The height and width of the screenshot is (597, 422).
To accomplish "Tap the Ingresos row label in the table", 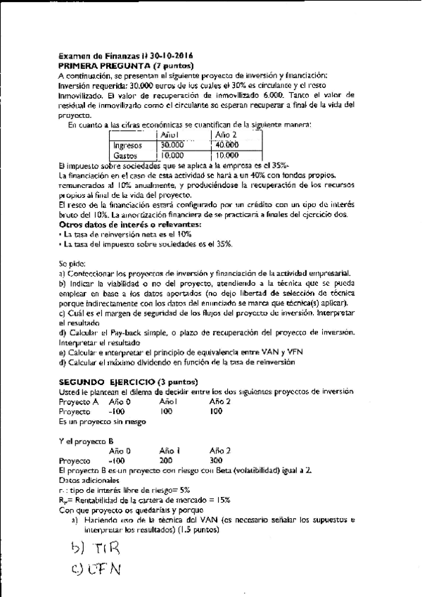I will pyautogui.click(x=128, y=145).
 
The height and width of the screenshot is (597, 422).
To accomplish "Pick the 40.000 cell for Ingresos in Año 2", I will pyautogui.click(x=226, y=145).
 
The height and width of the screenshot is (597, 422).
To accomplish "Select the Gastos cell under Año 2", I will pyautogui.click(x=226, y=156).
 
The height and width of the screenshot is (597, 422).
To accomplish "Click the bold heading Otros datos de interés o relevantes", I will pyautogui.click(x=131, y=224).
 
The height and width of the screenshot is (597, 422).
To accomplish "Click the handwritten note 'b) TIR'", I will pyautogui.click(x=96, y=548).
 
